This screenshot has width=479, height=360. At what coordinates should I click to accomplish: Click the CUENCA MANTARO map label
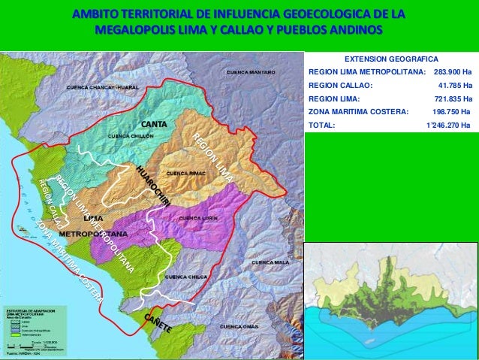coord(251,72)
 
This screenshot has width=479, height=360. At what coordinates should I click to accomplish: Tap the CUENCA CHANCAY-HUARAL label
coord(104,87)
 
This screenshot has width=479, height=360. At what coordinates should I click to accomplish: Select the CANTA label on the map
coord(154,123)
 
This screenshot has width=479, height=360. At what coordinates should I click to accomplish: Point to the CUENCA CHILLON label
coord(131,136)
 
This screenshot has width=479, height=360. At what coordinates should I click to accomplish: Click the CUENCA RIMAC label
coord(185,173)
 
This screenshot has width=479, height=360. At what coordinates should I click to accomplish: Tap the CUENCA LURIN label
coord(199,218)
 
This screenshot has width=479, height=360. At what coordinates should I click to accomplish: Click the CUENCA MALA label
coord(270,262)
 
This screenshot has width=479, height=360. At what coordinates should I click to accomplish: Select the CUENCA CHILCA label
coord(185,277)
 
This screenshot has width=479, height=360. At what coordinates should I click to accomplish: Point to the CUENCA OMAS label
coord(240,327)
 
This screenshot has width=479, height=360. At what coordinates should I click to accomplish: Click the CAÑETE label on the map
coord(158,324)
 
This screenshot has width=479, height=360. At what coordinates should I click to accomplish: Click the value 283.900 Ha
coord(453,71)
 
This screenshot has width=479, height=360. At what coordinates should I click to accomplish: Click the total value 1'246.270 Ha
coord(448,125)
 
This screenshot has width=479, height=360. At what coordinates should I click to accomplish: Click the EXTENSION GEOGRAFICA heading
coord(390,58)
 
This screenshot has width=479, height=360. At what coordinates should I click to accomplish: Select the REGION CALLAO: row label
coord(340,85)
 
